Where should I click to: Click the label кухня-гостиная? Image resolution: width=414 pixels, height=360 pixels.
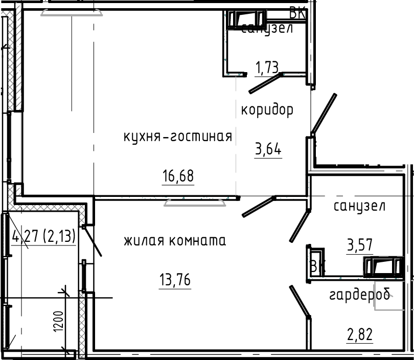click(x=178, y=137)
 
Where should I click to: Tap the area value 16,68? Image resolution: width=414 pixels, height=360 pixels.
click(x=178, y=176)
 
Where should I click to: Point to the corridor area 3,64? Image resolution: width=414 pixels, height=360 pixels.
click(x=268, y=150)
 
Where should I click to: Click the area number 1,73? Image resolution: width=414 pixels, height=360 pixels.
click(x=268, y=66)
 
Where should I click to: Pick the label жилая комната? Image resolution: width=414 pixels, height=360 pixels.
click(x=174, y=240)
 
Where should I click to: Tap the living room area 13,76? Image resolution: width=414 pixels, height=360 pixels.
click(x=175, y=280)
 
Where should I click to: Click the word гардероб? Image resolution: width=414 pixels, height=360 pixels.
click(x=360, y=295)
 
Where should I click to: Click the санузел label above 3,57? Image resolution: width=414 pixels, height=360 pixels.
click(x=359, y=207)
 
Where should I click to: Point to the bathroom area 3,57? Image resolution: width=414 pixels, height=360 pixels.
click(x=359, y=246)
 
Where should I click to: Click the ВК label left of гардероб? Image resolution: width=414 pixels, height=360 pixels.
click(x=317, y=266)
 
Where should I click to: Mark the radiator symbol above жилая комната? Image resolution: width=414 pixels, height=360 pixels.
click(x=195, y=203)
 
